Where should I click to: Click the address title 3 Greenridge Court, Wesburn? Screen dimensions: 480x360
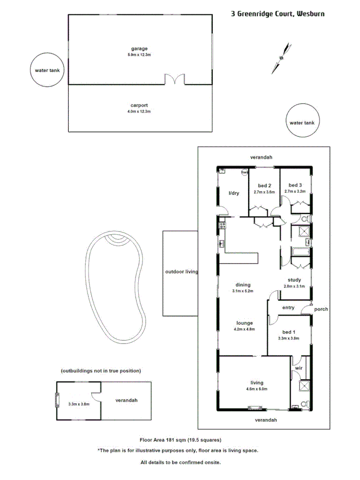coord(277,14)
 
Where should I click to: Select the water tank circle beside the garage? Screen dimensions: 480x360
coord(47,70)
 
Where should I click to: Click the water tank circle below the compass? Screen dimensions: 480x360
coord(302,123)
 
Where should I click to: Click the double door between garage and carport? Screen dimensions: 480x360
coord(174,80)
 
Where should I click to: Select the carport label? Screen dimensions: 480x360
coord(139,105)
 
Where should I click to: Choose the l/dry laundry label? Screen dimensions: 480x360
coord(233,193)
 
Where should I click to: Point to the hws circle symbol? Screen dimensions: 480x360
coord(245,172)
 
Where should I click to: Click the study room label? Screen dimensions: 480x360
coord(294,279)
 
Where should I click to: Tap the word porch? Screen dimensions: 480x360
coord(321,309)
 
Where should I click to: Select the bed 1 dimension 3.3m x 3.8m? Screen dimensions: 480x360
coord(289,338)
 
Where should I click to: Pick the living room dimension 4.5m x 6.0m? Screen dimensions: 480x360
coord(257,389)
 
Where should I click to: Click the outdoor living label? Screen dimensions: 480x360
coord(181,271)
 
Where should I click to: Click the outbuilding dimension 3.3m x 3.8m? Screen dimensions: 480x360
coord(78,404)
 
